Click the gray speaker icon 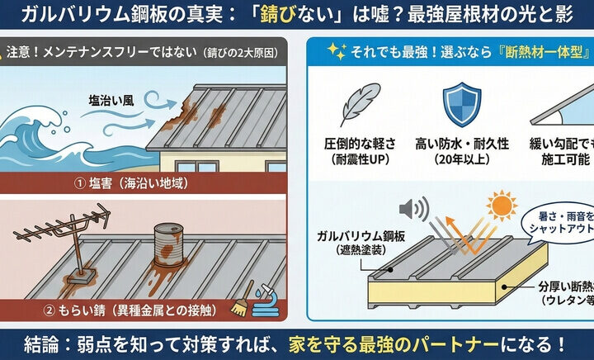pyautogui.click(x=409, y=206)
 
